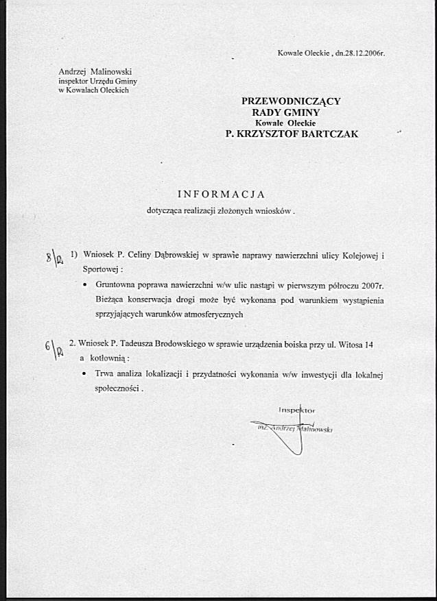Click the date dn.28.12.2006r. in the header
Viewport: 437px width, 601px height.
359,53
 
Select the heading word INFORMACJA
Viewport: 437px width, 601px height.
221,194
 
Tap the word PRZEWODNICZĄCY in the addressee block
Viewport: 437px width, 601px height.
291,101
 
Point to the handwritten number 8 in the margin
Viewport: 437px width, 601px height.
48,258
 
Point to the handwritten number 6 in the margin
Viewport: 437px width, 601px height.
47,347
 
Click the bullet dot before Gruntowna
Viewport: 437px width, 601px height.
84,285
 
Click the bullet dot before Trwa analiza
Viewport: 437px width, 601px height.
84,374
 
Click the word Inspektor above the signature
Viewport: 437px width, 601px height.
296,410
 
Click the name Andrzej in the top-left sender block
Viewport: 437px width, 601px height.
71,71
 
